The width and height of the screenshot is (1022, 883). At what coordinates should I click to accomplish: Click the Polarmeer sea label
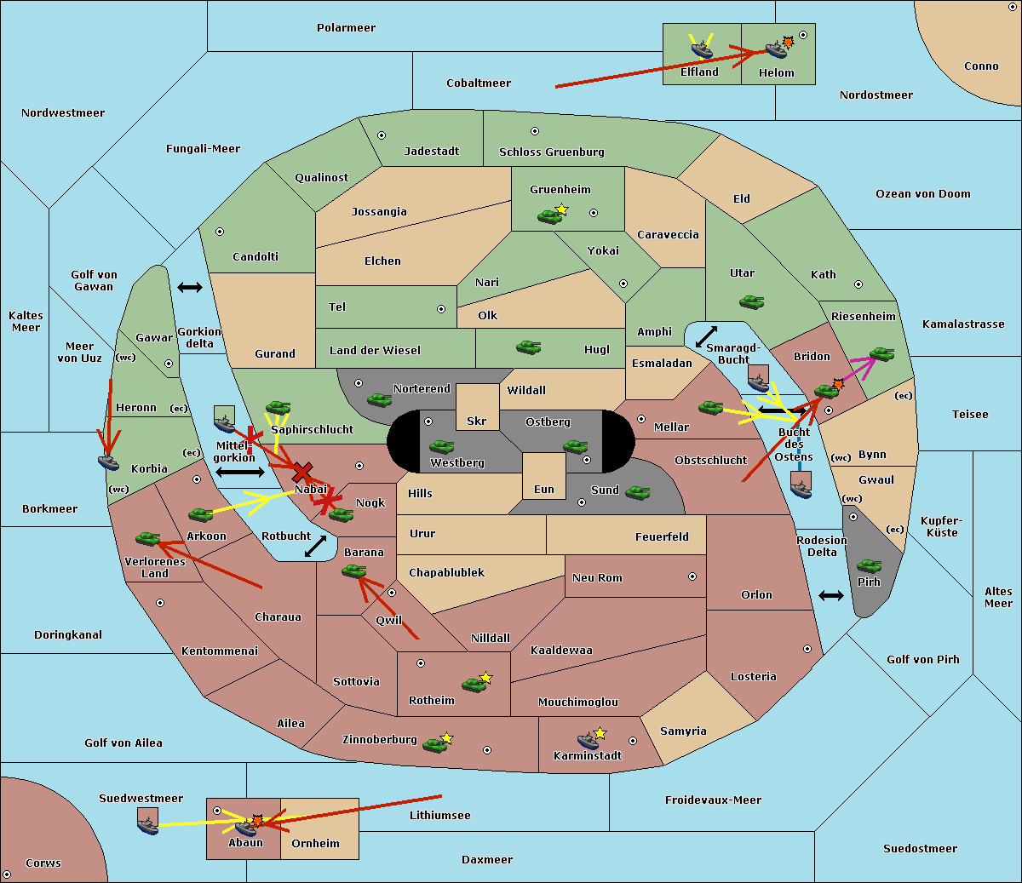pyautogui.click(x=346, y=28)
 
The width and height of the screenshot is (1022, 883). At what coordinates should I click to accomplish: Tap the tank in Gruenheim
pyautogui.click(x=549, y=216)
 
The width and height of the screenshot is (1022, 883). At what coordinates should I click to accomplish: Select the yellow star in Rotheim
pyautogui.click(x=486, y=678)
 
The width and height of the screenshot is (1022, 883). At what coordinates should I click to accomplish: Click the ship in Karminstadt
pyautogui.click(x=588, y=740)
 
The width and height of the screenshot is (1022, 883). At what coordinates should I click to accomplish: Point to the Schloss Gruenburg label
pyautogui.click(x=551, y=152)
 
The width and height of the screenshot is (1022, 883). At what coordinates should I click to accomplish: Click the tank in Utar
pyautogui.click(x=751, y=301)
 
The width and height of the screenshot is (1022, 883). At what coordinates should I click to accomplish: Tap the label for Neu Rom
pyautogui.click(x=597, y=577)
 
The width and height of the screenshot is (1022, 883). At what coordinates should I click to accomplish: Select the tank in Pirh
pyautogui.click(x=869, y=565)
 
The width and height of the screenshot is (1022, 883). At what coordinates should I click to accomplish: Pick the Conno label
pyautogui.click(x=981, y=66)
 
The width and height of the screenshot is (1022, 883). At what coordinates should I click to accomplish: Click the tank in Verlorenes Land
pyautogui.click(x=147, y=538)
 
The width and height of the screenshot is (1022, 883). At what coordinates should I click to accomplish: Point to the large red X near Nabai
pyautogui.click(x=301, y=472)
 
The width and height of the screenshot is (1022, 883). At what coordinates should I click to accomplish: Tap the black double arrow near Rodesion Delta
pyautogui.click(x=831, y=595)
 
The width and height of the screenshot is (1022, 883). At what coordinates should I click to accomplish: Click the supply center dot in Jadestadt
pyautogui.click(x=382, y=135)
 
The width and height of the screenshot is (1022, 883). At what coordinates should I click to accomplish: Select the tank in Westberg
pyautogui.click(x=441, y=446)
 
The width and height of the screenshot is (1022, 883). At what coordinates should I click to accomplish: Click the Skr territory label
pyautogui.click(x=477, y=421)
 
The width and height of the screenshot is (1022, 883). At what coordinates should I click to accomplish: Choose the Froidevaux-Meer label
pyautogui.click(x=713, y=800)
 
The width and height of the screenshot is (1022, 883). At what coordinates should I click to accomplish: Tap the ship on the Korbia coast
pyautogui.click(x=108, y=462)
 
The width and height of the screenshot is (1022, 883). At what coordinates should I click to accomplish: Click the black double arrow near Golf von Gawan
pyautogui.click(x=190, y=288)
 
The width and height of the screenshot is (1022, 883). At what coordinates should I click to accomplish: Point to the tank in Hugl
pyautogui.click(x=528, y=347)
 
